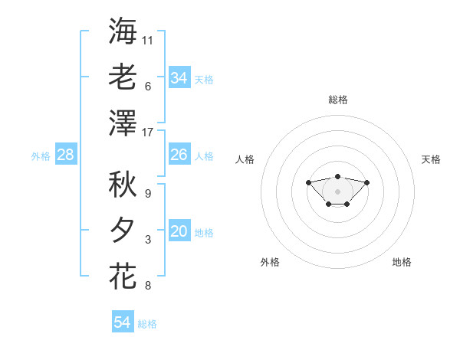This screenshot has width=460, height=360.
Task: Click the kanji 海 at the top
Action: coord(123,31)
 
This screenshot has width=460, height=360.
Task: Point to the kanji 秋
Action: coord(123,185)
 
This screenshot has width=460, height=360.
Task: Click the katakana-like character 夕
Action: coord(123,231)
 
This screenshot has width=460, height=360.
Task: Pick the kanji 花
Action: coord(123,276)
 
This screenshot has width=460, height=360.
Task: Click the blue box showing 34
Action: coord(179,77)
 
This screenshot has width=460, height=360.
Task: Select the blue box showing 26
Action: coord(179,155)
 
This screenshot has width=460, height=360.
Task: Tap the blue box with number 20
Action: coord(179,231)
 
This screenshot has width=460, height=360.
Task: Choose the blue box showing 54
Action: coord(123,322)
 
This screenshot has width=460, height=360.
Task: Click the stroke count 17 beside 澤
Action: coord(148,133)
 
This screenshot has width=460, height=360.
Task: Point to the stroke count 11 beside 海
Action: coord(148,40)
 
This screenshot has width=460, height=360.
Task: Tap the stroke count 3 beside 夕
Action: coord(148,240)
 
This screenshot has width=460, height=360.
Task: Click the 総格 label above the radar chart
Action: coord(338,100)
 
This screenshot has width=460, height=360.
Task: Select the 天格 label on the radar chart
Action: coord(431,159)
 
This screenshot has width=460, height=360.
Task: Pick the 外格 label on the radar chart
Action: coord(270,262)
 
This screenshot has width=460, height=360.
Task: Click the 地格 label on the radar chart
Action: coord(402,262)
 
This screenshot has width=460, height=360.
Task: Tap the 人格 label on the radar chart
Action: coord(245,159)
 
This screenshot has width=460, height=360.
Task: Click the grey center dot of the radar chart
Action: coord(338,191)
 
